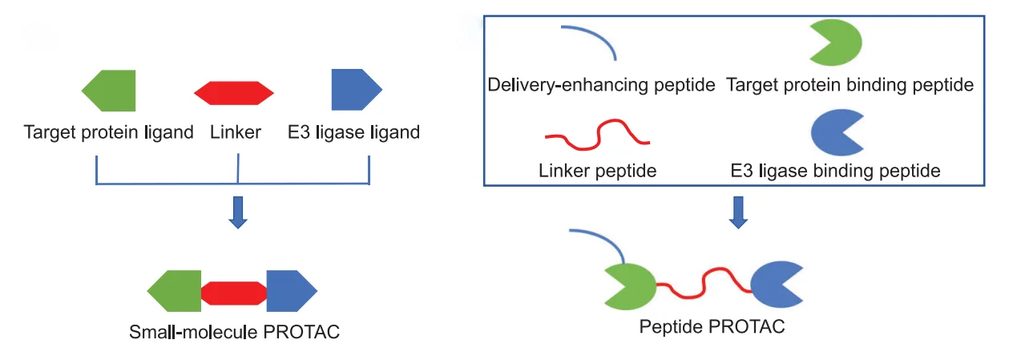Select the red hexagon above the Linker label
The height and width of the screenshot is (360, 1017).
tap(234, 93)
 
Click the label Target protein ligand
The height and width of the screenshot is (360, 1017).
tap(109, 132)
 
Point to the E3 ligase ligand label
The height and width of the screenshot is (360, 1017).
tap(353, 132)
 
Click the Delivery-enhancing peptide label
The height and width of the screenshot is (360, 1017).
tap(601, 85)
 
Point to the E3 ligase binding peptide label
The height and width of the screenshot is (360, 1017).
tap(835, 170)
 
